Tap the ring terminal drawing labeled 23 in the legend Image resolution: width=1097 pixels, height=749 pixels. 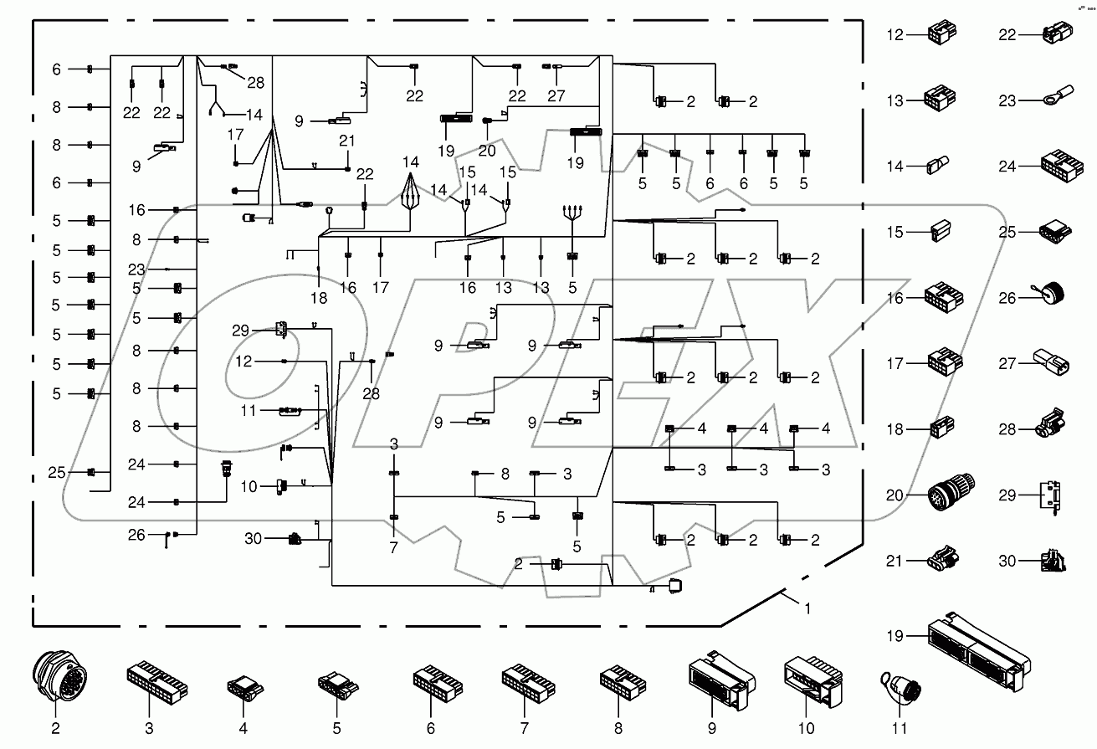tap(1057, 101)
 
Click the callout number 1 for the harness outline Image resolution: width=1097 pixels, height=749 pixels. tap(807, 609)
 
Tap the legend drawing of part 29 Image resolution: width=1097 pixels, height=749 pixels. tap(1053, 495)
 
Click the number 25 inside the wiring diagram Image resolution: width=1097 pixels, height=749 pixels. tap(56, 473)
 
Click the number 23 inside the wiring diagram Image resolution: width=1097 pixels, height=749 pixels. tap(136, 269)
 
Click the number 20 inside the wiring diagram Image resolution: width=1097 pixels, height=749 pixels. tap(487, 151)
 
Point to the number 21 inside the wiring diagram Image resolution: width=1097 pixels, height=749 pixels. tap(347, 141)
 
